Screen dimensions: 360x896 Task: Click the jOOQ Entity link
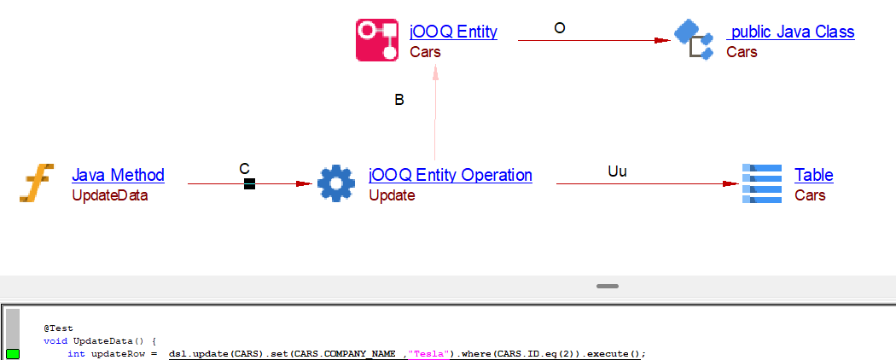(x=453, y=32)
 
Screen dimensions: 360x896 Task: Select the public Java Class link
(x=791, y=32)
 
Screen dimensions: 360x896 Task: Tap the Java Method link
(x=118, y=175)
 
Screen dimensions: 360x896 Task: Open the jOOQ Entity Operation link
(x=450, y=175)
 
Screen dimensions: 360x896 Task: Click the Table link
(x=813, y=175)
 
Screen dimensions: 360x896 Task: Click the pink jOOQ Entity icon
(x=377, y=40)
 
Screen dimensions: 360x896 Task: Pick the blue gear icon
(x=335, y=183)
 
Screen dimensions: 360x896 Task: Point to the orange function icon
(x=37, y=183)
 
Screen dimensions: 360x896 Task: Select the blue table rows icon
(x=762, y=183)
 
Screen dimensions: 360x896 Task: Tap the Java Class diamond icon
(x=694, y=39)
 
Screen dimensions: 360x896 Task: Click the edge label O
(x=559, y=28)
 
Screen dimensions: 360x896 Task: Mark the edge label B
(x=399, y=100)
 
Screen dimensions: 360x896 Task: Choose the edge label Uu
(x=617, y=171)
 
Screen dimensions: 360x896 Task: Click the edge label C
(x=244, y=169)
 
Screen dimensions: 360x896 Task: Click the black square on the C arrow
(x=249, y=183)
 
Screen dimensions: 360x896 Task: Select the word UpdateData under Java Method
(x=109, y=195)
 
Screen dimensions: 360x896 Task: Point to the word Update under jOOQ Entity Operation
(x=392, y=195)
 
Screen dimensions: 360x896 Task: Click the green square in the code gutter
(x=13, y=354)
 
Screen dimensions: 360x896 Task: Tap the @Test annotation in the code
(x=59, y=328)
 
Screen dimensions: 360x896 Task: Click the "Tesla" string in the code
(x=430, y=354)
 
